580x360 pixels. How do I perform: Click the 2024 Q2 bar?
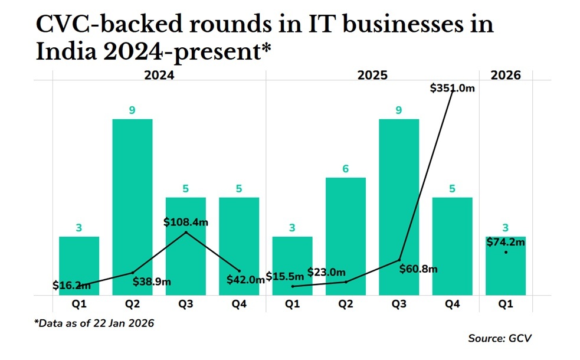point(132,207)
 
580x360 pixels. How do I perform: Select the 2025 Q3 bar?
point(399,207)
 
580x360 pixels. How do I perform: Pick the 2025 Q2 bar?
point(346,236)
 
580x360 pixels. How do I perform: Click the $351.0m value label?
point(453,88)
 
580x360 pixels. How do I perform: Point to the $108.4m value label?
point(186,222)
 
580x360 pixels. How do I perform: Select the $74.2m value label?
point(506,241)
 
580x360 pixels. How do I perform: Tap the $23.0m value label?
point(326,272)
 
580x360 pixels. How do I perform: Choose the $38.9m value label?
point(152,282)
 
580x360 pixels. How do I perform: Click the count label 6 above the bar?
point(346,169)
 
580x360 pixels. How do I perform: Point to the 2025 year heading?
point(372,75)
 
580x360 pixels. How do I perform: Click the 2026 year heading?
point(506,75)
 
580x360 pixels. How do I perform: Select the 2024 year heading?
point(159,75)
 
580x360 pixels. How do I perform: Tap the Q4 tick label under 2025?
point(453,304)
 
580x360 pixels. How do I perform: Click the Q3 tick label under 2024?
point(186,304)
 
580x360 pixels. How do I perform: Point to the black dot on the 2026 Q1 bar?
point(506,253)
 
